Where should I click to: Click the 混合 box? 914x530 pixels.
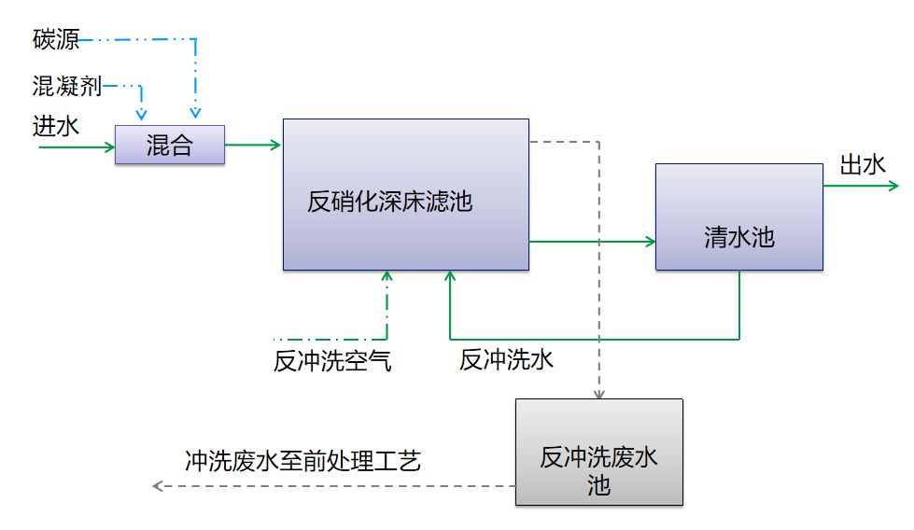point(170,145)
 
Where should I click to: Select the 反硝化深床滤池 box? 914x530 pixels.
point(406,194)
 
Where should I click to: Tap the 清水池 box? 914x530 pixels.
point(739,216)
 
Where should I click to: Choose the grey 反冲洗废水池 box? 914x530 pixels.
point(599,452)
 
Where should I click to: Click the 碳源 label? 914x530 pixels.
point(56,39)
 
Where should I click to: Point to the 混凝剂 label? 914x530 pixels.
point(67,86)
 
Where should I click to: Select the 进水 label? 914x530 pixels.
point(56,126)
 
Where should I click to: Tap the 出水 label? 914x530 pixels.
point(863,165)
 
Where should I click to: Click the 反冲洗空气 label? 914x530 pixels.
point(332,361)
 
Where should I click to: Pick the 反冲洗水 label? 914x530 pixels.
point(506,360)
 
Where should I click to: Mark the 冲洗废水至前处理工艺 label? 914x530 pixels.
point(303,461)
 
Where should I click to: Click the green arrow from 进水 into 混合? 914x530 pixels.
point(77,147)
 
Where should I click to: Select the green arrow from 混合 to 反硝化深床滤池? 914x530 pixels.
point(253,145)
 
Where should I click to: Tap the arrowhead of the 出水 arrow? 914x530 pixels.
point(893,186)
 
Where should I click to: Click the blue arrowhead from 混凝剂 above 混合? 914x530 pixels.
point(141,114)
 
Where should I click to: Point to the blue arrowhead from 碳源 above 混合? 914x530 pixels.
point(195,112)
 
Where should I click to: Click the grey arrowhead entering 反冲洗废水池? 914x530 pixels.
point(599,394)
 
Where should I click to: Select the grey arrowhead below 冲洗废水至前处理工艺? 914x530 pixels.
point(158,486)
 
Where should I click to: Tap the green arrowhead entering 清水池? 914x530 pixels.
point(651,241)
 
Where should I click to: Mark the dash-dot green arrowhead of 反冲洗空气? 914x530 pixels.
point(387,276)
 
